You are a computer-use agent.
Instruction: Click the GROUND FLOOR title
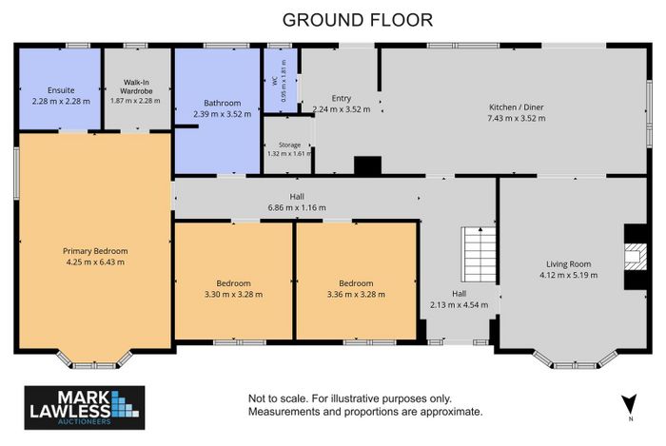click(357, 20)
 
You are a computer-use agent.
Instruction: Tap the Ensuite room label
click(61, 90)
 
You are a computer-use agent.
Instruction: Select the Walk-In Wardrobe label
click(136, 87)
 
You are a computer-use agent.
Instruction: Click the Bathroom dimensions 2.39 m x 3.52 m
click(222, 114)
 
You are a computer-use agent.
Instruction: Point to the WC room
click(281, 81)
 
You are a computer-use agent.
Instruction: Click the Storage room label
click(289, 145)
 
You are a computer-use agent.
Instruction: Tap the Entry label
click(341, 98)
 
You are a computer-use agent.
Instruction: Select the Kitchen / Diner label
click(516, 107)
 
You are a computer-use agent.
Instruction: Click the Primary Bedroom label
click(95, 251)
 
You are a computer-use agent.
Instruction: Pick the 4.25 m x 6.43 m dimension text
click(95, 262)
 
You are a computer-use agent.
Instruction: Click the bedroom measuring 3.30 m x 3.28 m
click(234, 281)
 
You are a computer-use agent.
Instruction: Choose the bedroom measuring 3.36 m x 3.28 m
click(356, 281)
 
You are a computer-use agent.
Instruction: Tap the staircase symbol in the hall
click(479, 255)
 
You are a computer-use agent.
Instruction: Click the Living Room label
click(568, 264)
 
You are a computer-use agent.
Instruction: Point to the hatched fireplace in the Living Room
click(636, 257)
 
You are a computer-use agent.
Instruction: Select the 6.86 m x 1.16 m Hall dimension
click(297, 207)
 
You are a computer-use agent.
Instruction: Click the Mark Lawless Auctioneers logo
click(85, 407)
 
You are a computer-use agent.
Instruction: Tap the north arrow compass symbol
click(630, 404)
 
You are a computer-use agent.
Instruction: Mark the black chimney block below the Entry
click(368, 165)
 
